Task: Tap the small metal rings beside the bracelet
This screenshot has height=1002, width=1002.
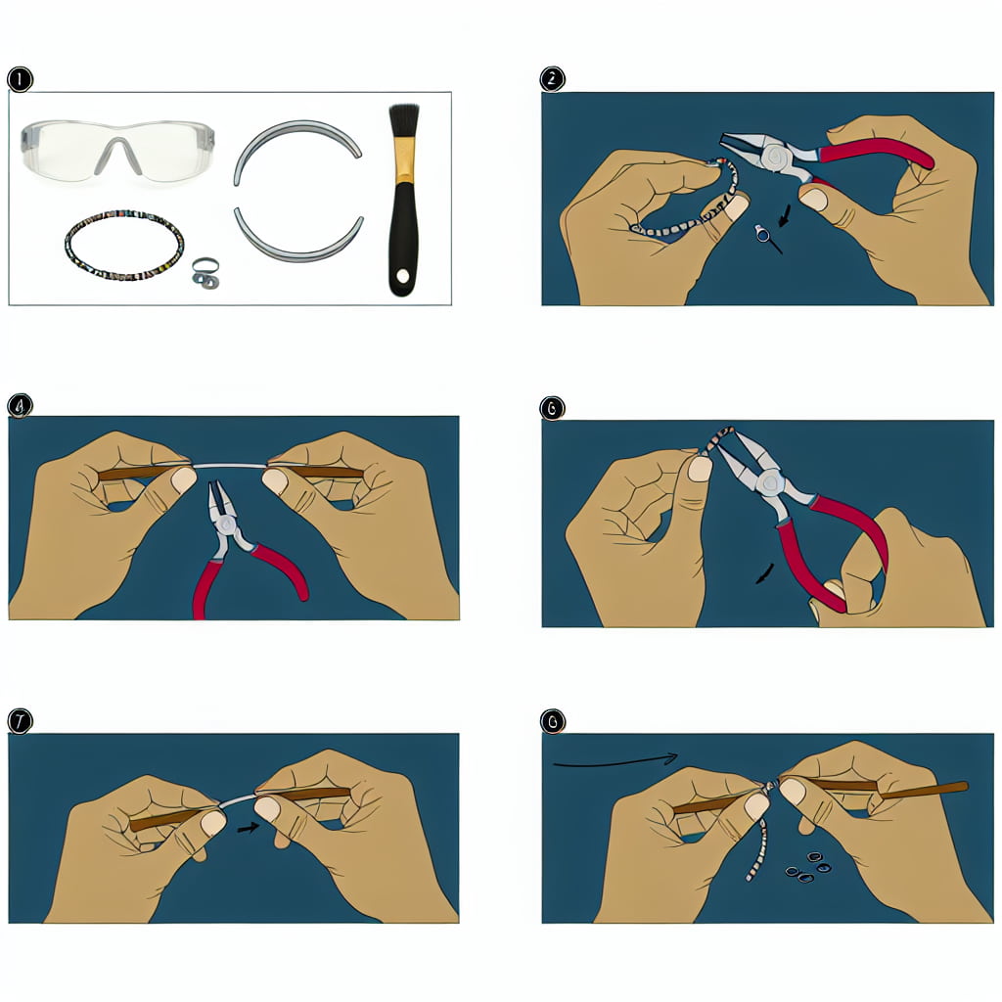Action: click(204, 273)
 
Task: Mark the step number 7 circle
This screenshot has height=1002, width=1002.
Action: click(19, 721)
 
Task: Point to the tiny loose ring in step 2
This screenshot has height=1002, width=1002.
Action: click(761, 233)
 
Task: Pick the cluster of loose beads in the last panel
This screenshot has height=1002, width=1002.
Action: click(806, 868)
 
